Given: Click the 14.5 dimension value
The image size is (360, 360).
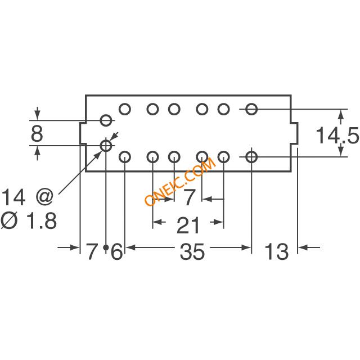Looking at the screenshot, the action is (x=337, y=136).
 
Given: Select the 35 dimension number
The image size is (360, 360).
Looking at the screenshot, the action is (x=192, y=251).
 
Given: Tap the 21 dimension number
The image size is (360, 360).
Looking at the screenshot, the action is (x=188, y=226).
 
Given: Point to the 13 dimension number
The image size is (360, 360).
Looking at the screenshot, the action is (x=276, y=251).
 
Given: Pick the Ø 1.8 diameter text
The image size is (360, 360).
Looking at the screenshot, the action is (x=29, y=220).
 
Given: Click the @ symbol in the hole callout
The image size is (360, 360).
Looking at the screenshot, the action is (x=45, y=197).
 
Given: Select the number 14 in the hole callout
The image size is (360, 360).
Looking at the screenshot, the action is (x=13, y=197).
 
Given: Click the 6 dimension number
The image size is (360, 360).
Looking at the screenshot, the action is (x=116, y=251).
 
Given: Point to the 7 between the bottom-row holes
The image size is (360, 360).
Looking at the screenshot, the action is (x=189, y=197).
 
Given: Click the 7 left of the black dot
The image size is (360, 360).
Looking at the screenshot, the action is (x=92, y=251).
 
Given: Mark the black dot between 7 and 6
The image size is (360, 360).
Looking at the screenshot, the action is (x=106, y=247).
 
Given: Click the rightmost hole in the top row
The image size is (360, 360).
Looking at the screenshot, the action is (x=251, y=109).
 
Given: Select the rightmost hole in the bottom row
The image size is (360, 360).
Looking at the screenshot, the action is (x=251, y=157).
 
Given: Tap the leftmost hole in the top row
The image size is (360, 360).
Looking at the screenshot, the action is (x=125, y=109).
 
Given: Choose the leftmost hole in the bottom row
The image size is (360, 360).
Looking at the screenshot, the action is (x=125, y=157).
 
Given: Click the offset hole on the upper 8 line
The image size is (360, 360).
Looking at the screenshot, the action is (x=106, y=120).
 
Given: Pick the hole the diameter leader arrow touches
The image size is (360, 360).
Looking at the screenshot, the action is (x=106, y=145).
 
